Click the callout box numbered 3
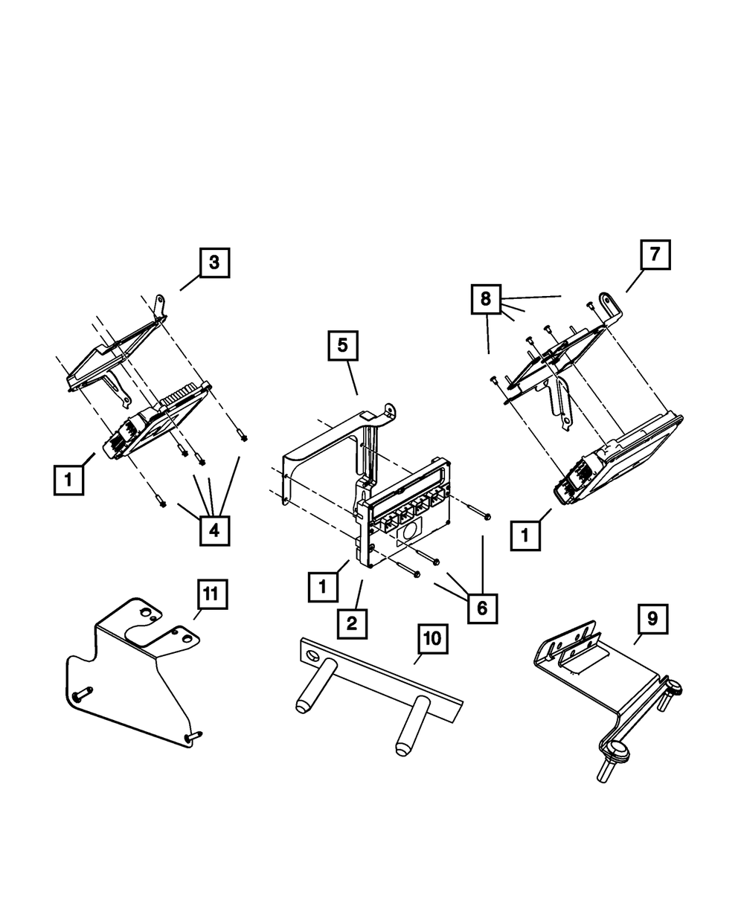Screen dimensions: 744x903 click(x=214, y=263)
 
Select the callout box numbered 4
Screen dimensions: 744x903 click(x=214, y=530)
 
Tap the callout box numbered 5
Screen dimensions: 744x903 click(x=343, y=346)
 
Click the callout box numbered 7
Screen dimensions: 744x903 click(x=655, y=254)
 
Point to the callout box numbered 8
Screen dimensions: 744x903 click(x=486, y=299)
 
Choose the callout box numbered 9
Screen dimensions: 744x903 click(x=652, y=620)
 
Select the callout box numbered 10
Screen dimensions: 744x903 click(x=433, y=639)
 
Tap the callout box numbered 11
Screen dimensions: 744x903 click(x=213, y=594)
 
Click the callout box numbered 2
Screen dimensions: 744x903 click(x=353, y=624)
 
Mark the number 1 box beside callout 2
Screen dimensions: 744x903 click(x=323, y=587)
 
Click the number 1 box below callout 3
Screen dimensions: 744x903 click(x=68, y=480)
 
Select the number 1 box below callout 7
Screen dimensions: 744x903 click(x=525, y=536)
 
